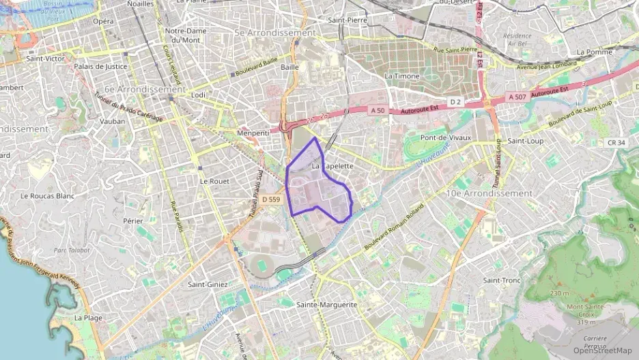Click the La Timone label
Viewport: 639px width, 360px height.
point(402,77)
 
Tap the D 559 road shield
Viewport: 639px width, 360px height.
point(271,199)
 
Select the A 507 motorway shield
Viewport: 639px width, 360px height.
point(517,97)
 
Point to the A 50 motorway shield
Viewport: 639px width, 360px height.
point(378,110)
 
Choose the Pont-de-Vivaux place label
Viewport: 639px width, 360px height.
point(446,137)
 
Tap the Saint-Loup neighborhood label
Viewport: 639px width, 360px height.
point(525,141)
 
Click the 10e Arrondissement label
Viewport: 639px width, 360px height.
point(489,193)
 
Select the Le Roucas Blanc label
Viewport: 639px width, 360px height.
point(47,196)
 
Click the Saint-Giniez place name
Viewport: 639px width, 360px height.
point(208,284)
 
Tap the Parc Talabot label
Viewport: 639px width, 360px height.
point(72,250)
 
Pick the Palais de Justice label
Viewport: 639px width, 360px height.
point(101,67)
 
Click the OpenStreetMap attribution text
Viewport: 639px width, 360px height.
point(602,350)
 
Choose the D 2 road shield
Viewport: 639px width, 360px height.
point(455,101)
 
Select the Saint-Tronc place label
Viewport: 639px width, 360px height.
point(502,281)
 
